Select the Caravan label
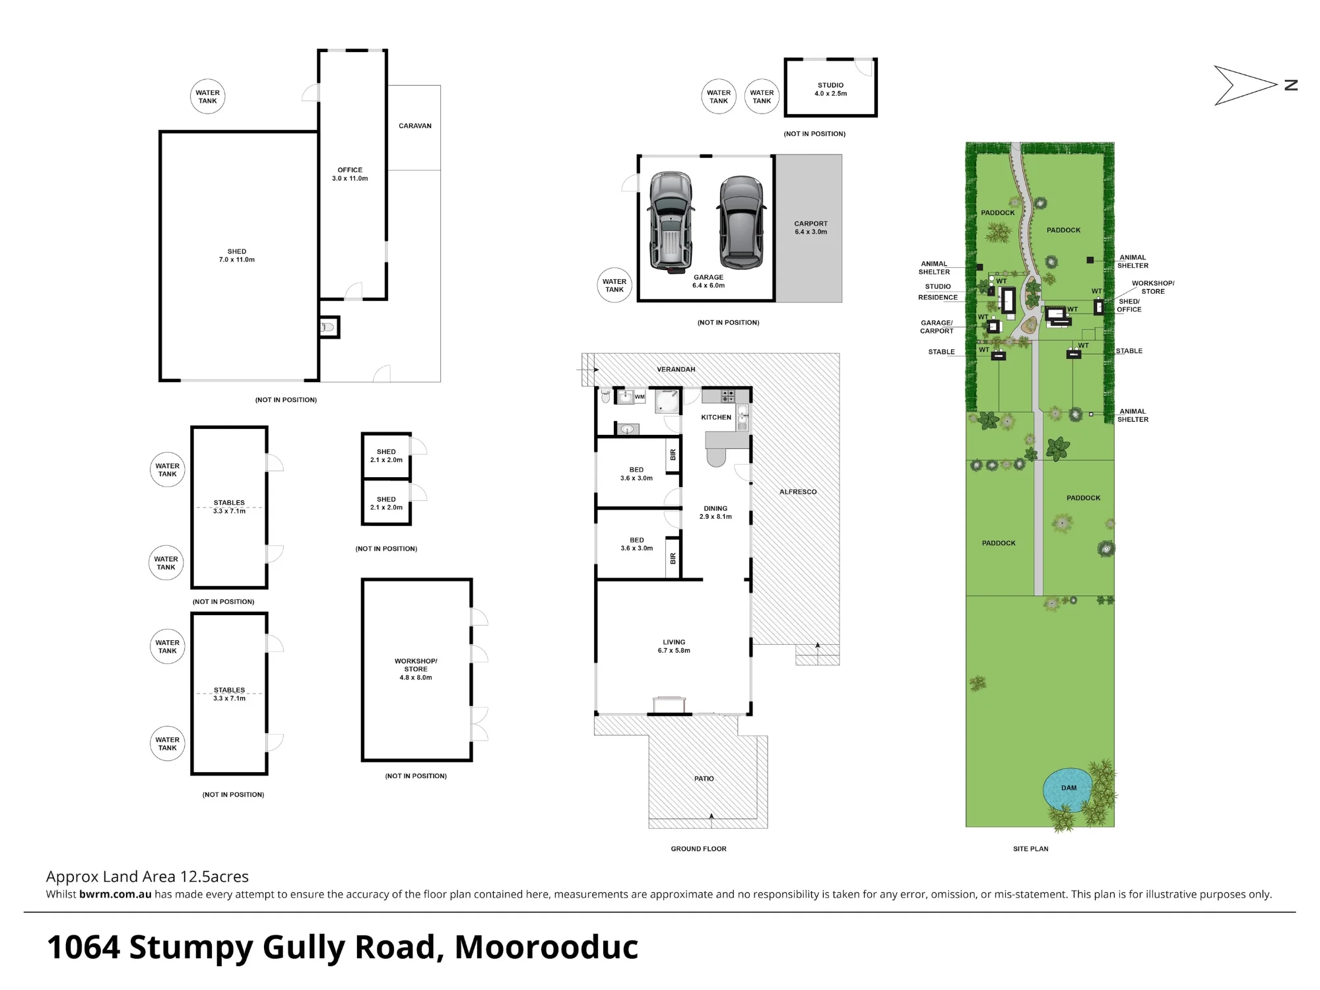(x=415, y=125)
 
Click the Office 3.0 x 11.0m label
(x=350, y=174)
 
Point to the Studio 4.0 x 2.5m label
(x=830, y=89)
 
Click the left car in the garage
(x=671, y=221)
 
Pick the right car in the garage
(x=741, y=222)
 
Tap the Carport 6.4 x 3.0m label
(x=810, y=228)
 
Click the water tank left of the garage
(x=614, y=285)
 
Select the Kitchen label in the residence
(x=716, y=417)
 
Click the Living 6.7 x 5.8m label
(x=674, y=646)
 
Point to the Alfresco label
(x=798, y=492)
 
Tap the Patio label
(x=704, y=779)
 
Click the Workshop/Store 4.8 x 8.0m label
(x=416, y=669)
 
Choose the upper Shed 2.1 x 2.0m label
(x=386, y=456)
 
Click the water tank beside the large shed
(x=208, y=96)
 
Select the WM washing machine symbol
(x=640, y=397)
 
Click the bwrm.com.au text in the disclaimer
(x=115, y=894)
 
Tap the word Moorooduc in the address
(x=546, y=947)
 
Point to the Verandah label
(x=676, y=370)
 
